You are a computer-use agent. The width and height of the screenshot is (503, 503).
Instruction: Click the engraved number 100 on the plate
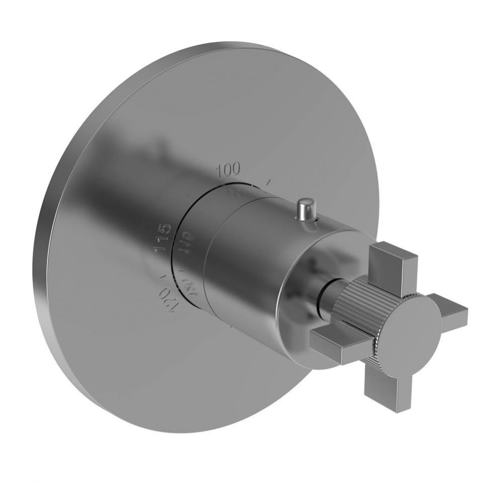click(228, 170)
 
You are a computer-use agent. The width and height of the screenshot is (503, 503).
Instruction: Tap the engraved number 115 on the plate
click(162, 237)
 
